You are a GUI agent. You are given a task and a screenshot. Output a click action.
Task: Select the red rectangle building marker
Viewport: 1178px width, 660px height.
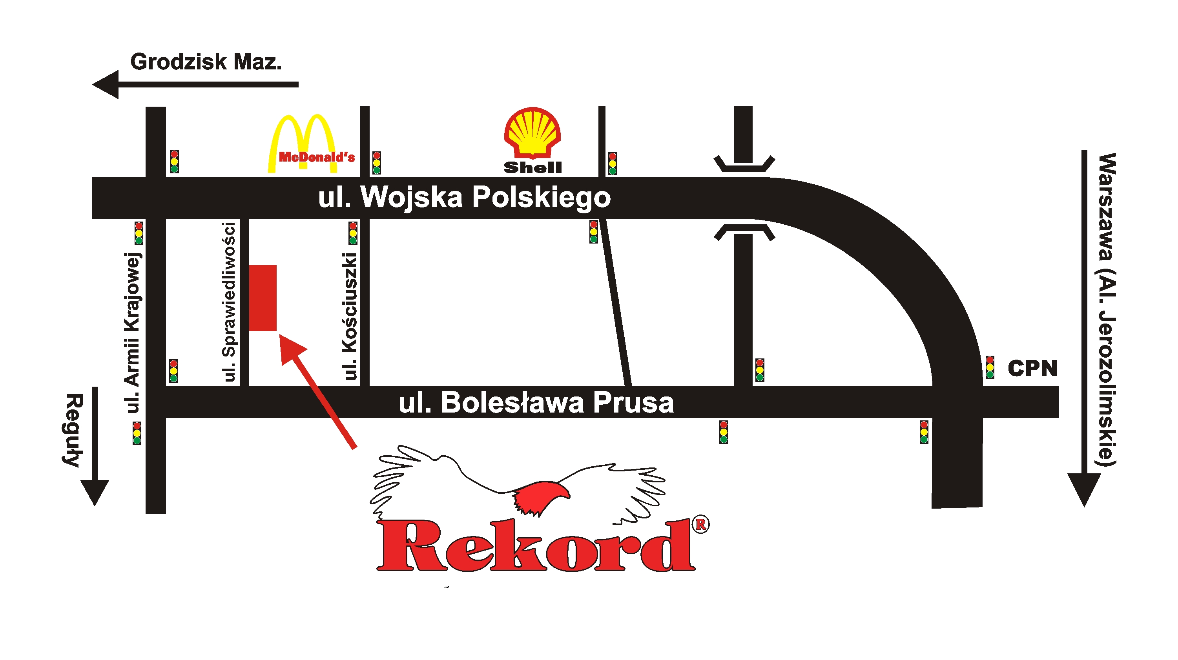(x=263, y=298)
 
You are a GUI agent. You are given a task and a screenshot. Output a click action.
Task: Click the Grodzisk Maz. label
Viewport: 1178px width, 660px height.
(x=206, y=62)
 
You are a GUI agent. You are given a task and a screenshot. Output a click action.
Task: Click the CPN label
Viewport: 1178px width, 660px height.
(x=1032, y=368)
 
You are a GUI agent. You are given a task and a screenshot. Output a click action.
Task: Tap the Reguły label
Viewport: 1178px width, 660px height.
(x=73, y=430)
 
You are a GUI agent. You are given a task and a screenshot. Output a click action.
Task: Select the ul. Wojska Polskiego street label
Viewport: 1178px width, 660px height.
(x=464, y=198)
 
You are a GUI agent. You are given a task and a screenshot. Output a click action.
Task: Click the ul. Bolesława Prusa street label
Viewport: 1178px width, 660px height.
(x=536, y=403)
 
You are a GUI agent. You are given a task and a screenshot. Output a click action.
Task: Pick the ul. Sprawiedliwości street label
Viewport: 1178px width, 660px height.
(x=229, y=301)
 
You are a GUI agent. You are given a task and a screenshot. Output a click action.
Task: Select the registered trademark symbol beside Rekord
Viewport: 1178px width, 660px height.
(x=700, y=524)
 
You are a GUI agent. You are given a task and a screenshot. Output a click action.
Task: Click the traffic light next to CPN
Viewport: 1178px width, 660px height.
(x=990, y=367)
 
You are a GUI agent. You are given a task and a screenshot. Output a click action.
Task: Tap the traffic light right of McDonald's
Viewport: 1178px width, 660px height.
(x=376, y=163)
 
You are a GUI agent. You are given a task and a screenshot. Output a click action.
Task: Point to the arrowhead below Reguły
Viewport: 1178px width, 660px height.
(x=95, y=492)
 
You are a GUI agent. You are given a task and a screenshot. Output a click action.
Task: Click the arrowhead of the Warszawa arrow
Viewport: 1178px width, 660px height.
(x=1084, y=489)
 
